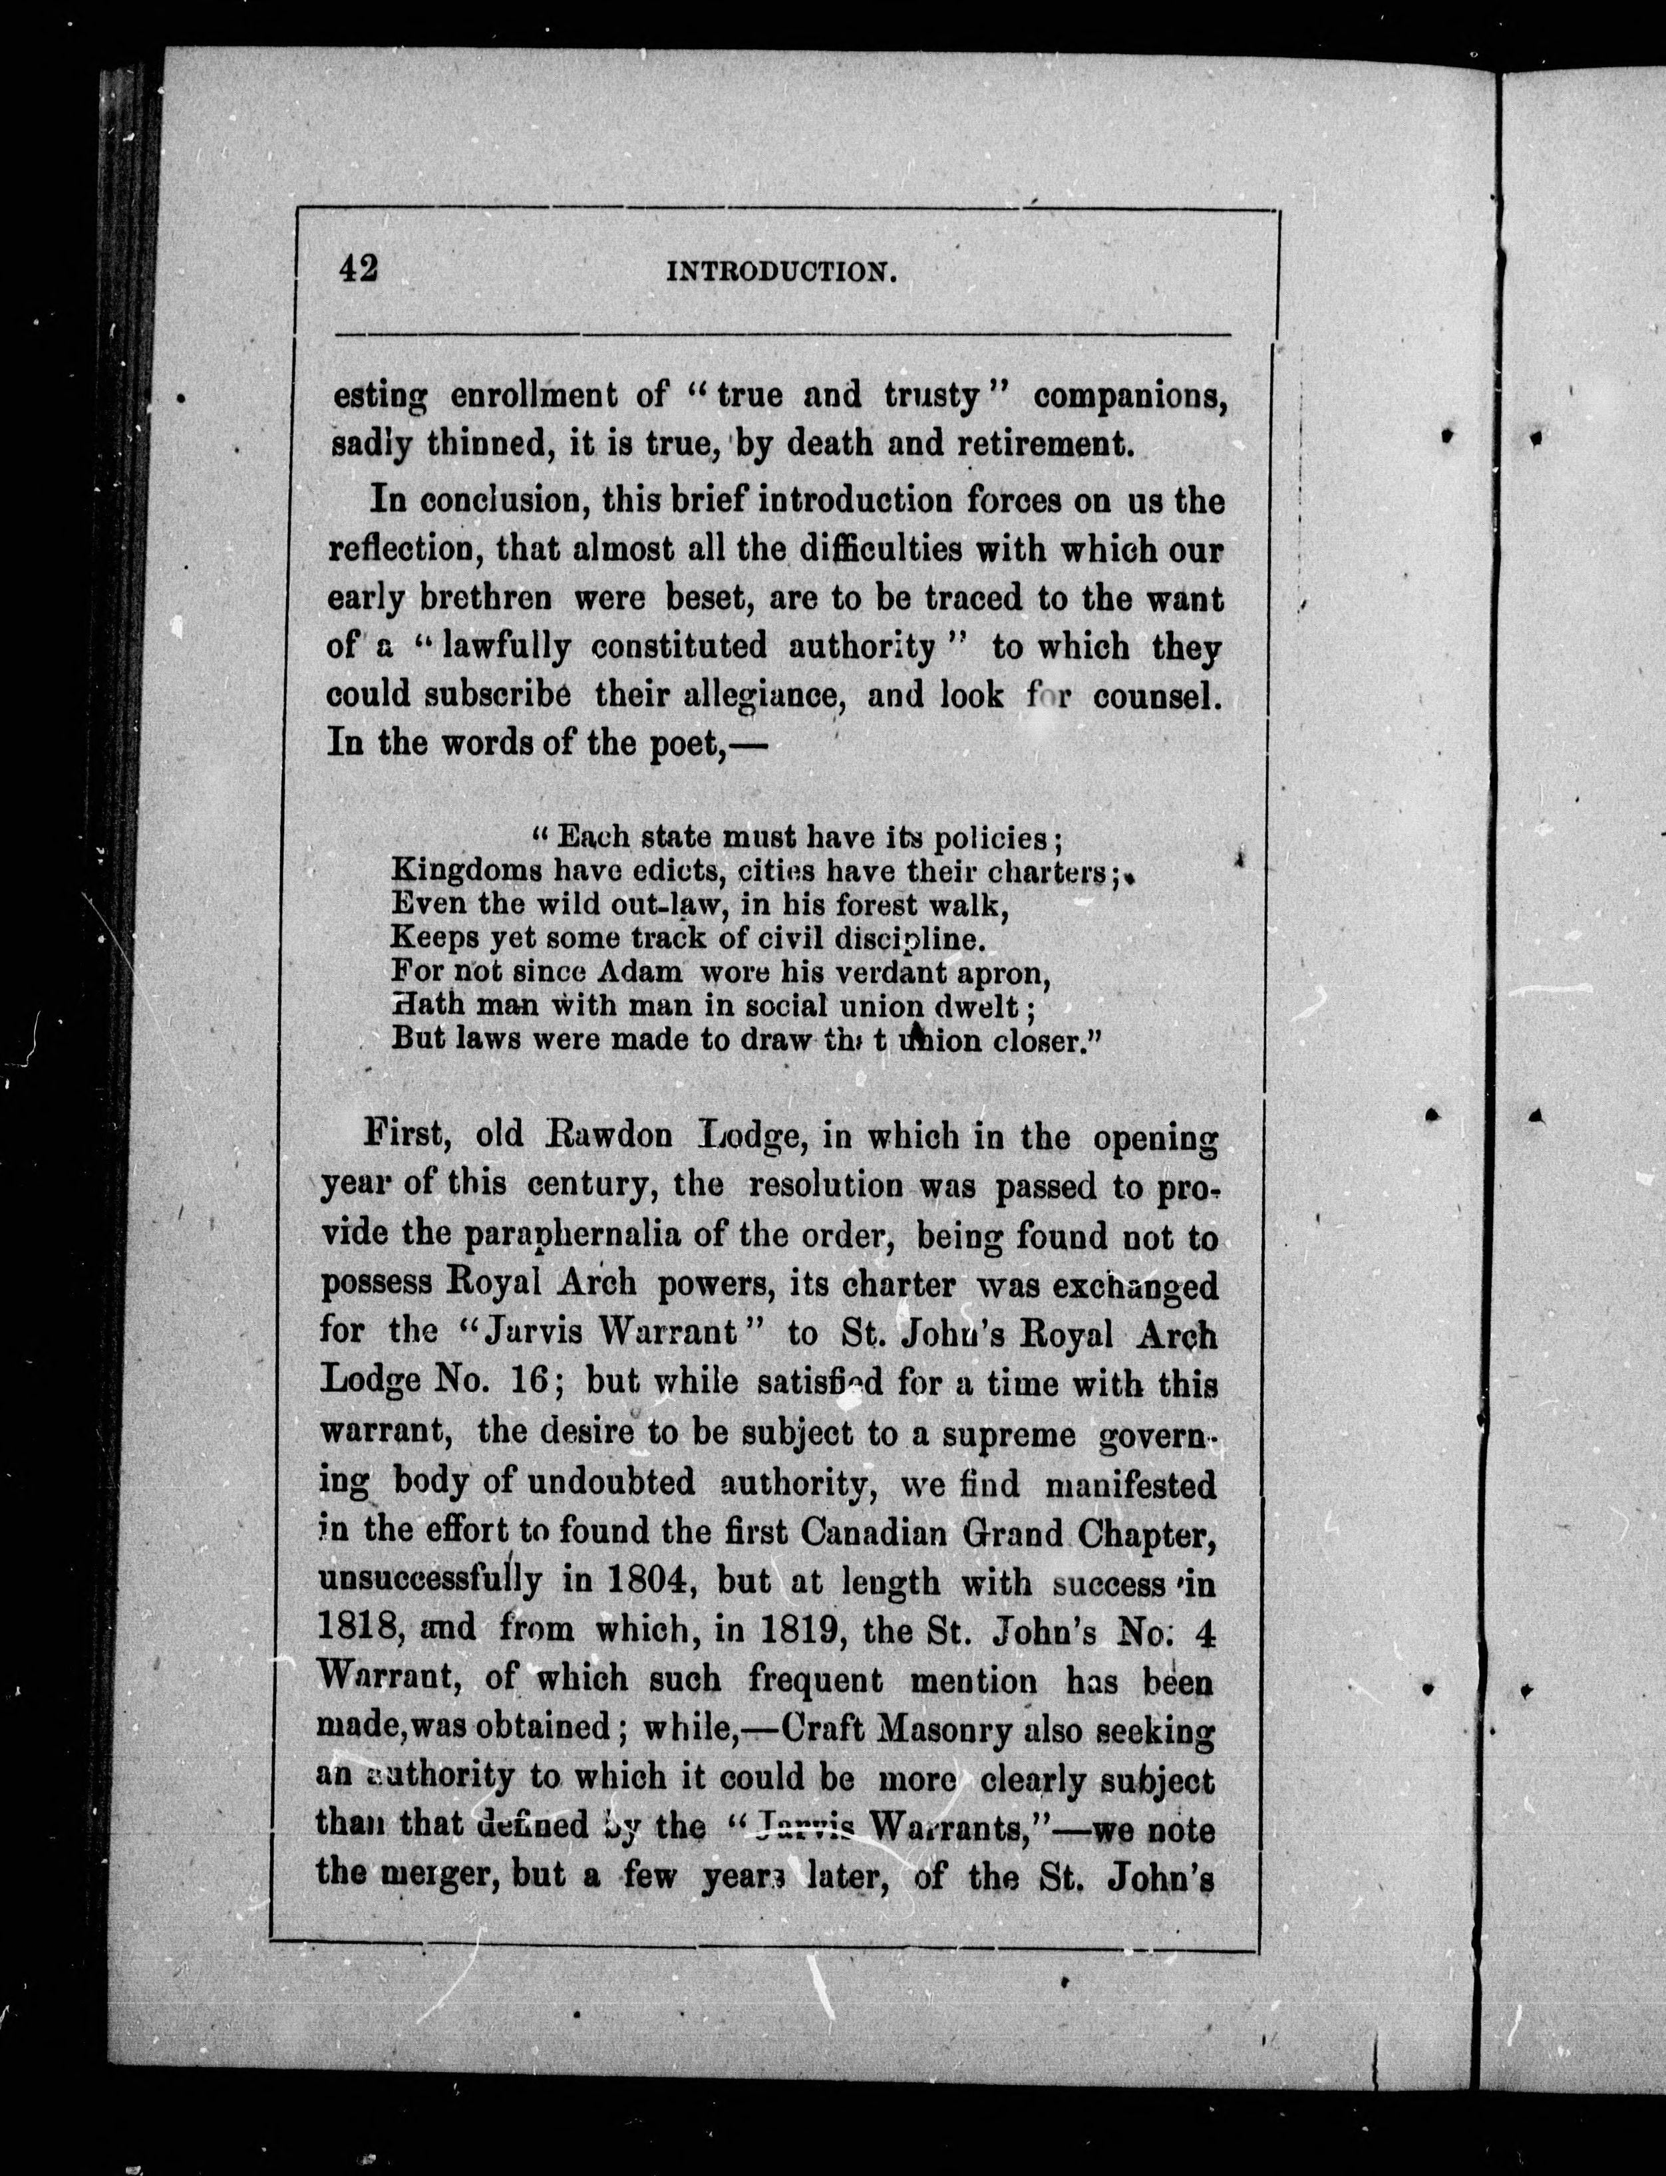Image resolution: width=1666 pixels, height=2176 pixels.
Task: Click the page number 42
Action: coord(358,269)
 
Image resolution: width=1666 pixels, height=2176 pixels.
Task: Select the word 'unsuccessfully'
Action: coord(429,1582)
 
